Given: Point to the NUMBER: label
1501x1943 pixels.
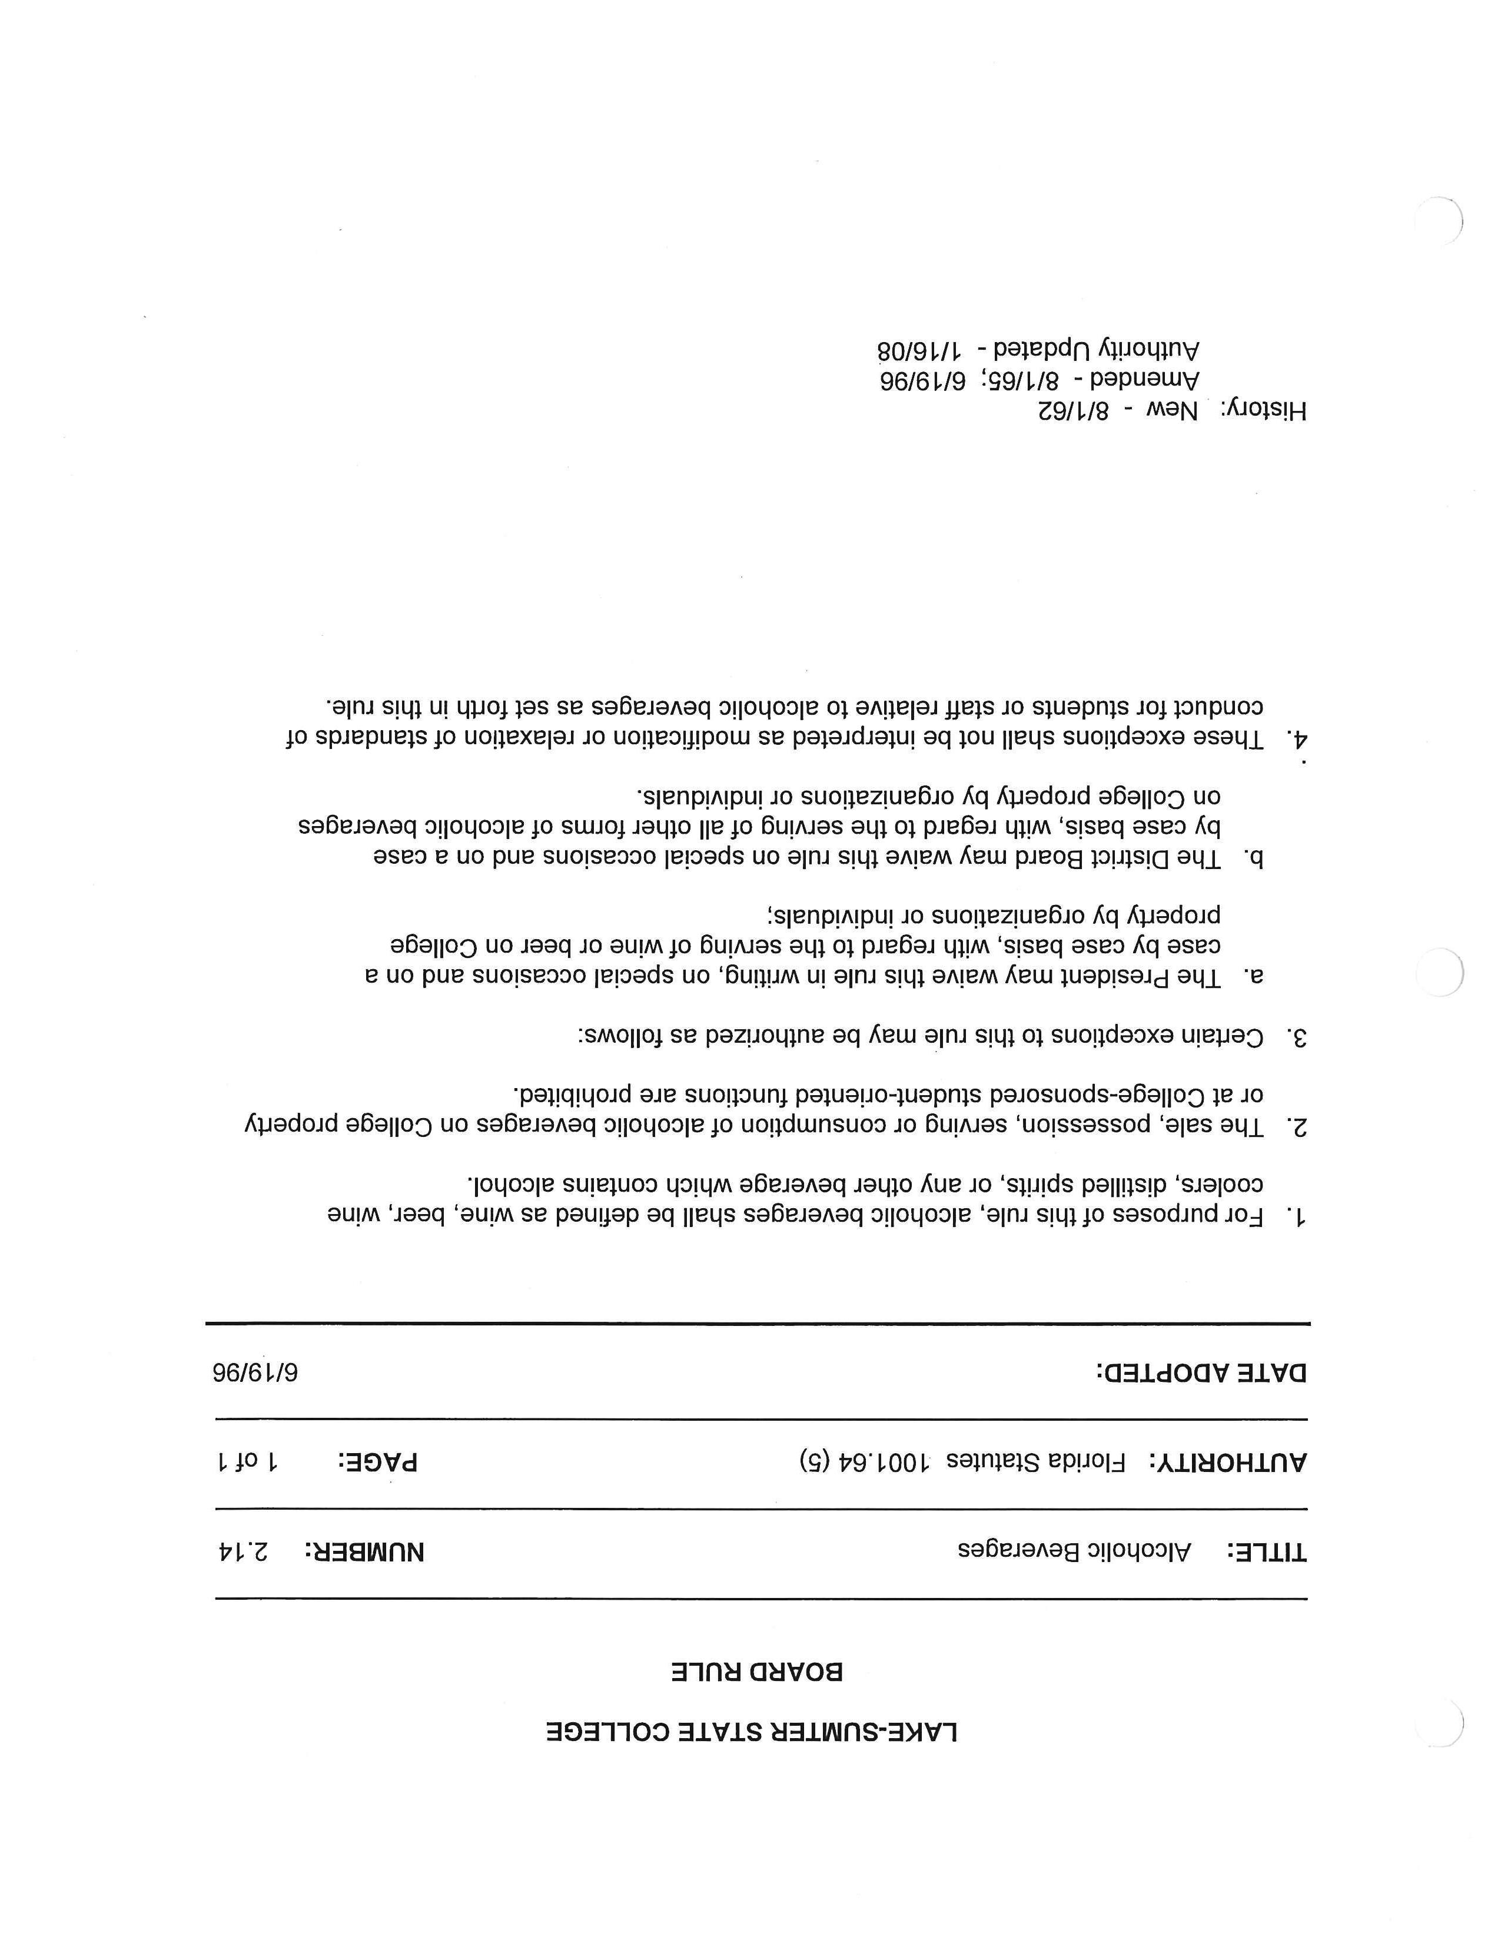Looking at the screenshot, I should pos(364,1553).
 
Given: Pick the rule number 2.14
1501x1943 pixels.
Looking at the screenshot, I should pos(243,1551).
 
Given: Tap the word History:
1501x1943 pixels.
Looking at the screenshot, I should pos(1263,410).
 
